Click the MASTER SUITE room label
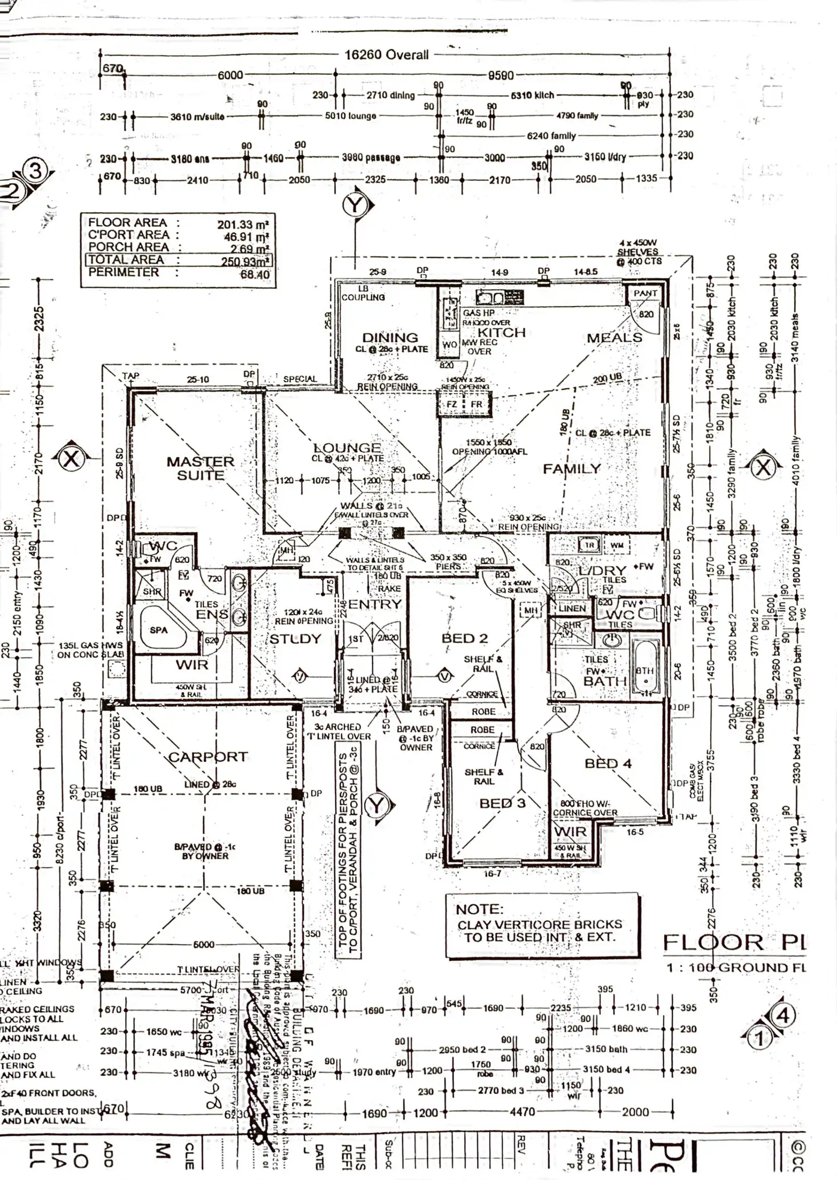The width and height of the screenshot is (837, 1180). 200,468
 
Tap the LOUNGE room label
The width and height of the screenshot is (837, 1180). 347,448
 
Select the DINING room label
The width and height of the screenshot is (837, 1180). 390,337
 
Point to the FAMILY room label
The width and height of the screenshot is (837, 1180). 571,469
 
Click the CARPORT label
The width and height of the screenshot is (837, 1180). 208,757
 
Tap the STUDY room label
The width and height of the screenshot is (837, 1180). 295,639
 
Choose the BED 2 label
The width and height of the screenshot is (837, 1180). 465,638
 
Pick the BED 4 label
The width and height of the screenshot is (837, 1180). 608,763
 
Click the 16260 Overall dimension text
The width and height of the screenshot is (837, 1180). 387,55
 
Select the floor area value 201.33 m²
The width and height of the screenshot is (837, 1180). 243,225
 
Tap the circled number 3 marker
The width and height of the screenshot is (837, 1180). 35,171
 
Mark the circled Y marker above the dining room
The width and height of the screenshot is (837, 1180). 356,205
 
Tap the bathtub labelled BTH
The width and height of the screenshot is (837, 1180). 645,671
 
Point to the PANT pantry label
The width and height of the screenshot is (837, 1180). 645,293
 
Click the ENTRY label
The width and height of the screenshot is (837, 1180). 375,604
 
